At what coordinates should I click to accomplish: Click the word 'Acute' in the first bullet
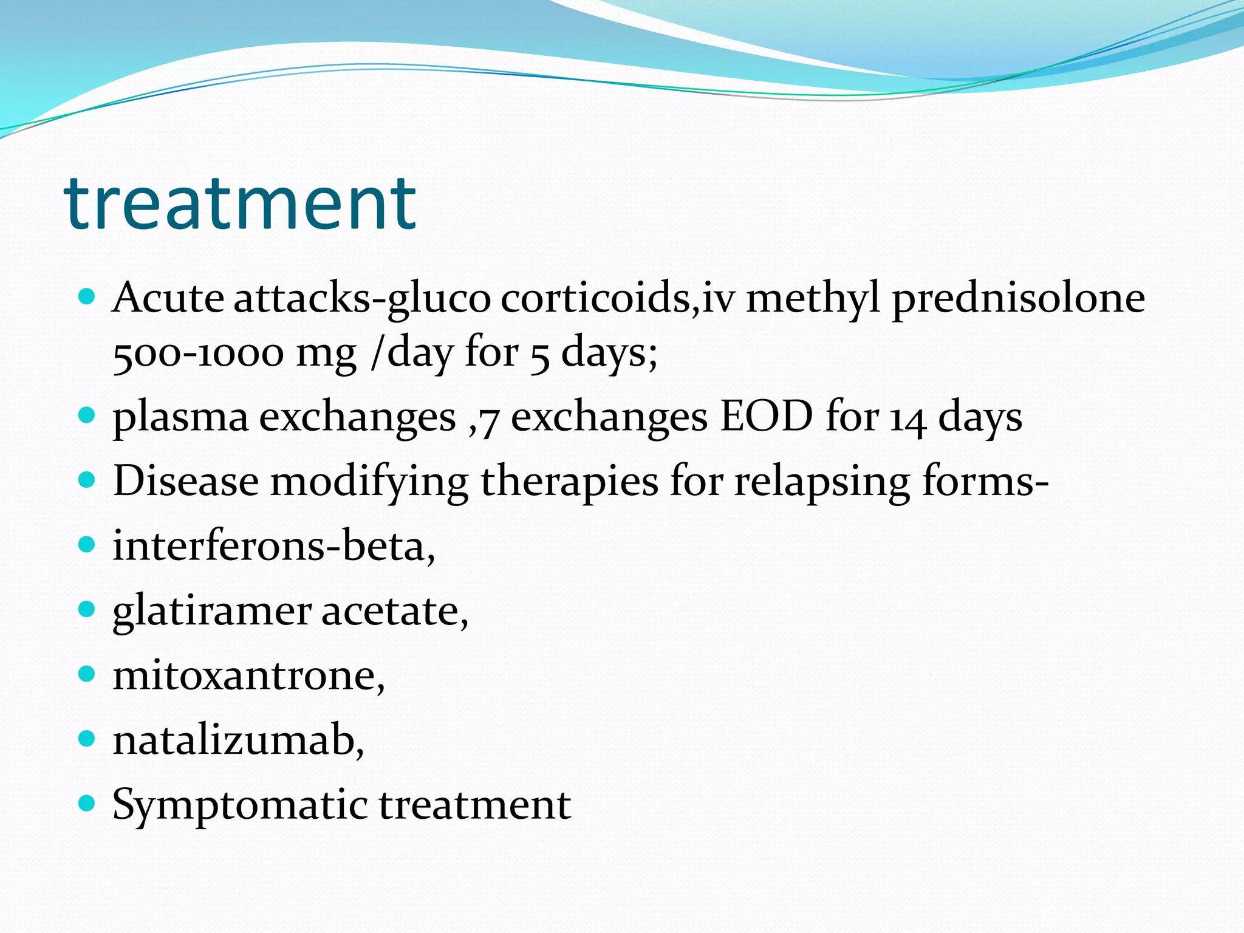[x=168, y=298]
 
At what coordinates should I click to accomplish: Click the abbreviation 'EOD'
[x=766, y=417]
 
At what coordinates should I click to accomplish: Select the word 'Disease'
[x=186, y=481]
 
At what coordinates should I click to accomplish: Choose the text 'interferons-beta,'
[x=274, y=545]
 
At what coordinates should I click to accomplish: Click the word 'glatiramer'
[x=211, y=611]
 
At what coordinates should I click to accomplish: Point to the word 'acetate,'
[x=395, y=611]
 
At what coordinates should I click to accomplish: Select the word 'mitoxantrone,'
[x=249, y=675]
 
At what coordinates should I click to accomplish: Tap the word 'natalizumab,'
[x=239, y=740]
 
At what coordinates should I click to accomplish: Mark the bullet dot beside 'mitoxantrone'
[x=87, y=674]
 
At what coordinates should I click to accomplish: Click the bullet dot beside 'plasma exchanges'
[x=87, y=415]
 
